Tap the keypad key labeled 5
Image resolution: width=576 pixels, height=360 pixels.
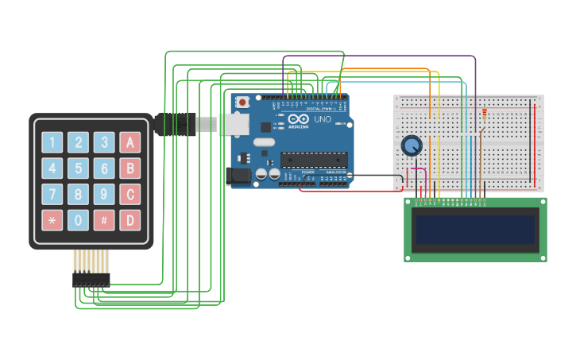coord(78,168)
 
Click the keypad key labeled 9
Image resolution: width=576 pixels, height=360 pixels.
coord(104,194)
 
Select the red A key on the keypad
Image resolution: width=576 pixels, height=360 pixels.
coord(130,142)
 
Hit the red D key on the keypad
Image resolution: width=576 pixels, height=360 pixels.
coord(130,220)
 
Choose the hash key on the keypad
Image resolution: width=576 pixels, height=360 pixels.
coord(104,220)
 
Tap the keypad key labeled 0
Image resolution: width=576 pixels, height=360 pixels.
coord(78,220)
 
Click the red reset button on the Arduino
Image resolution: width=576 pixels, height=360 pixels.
coord(243,102)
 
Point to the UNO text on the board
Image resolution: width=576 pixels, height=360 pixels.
coord(323,119)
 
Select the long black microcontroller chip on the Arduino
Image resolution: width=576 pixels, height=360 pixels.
coord(314,159)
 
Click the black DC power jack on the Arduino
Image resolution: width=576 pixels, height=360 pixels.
coord(239,176)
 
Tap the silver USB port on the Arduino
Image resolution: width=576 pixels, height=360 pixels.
coord(233,123)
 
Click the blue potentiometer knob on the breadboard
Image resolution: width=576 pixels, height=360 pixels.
coord(412,145)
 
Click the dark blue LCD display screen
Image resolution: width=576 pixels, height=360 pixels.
coord(475,230)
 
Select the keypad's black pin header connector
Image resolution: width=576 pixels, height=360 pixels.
coord(91,279)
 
